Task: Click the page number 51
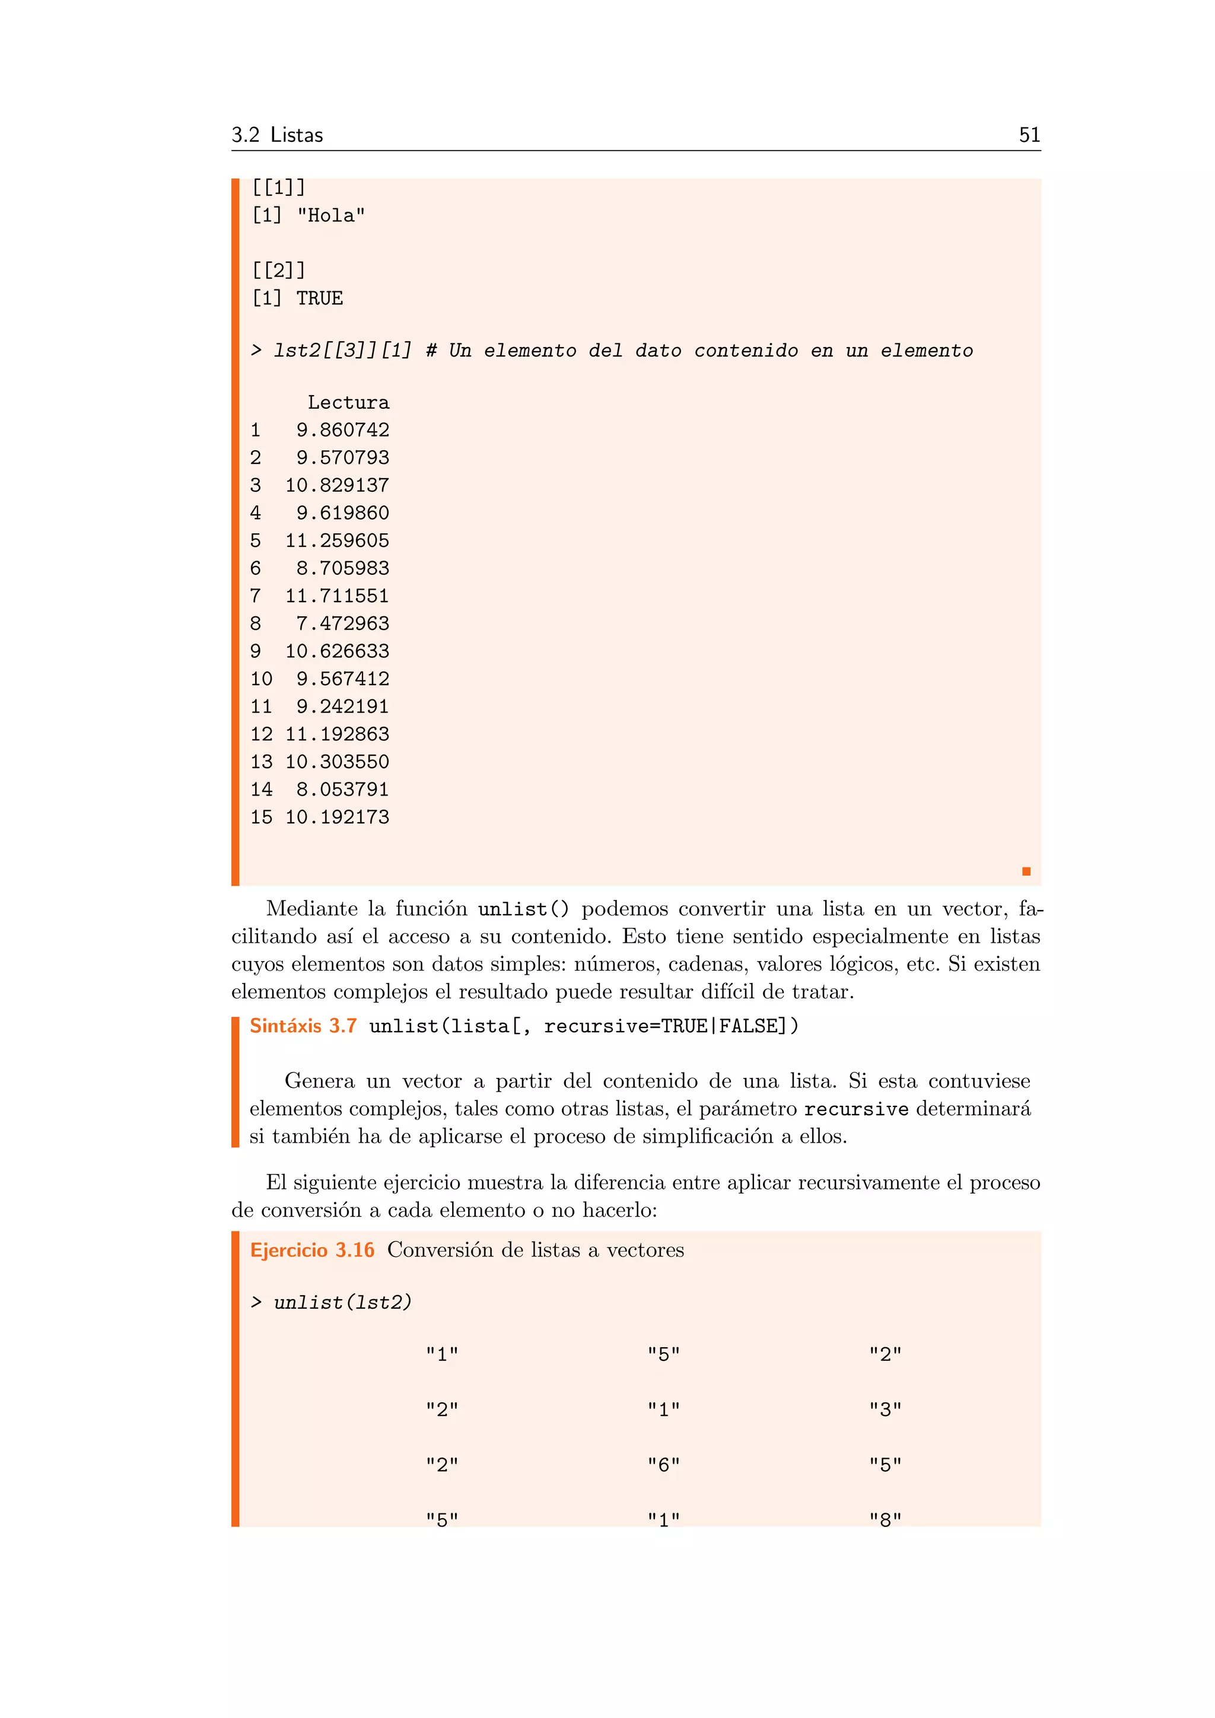tap(1029, 135)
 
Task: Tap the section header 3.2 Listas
tap(277, 135)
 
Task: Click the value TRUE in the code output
tap(319, 298)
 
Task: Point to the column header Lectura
tap(349, 403)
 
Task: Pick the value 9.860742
tap(343, 430)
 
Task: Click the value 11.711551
tap(338, 596)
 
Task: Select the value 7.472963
tap(343, 624)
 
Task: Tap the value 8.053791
tap(343, 790)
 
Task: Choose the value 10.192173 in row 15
tap(338, 817)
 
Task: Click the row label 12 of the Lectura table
tap(261, 734)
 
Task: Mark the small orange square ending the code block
tap(1026, 871)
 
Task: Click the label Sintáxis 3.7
tap(303, 1026)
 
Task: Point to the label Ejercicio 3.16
tap(312, 1251)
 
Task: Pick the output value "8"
tap(885, 1520)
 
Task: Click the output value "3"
tap(885, 1410)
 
